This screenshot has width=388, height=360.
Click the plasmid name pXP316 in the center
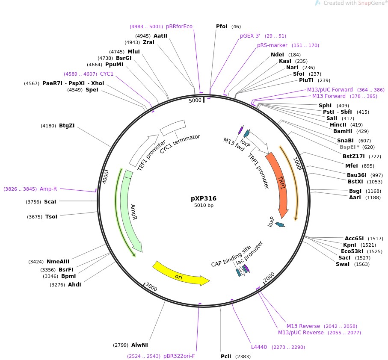(x=204, y=198)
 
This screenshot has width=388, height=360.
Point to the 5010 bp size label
(x=204, y=206)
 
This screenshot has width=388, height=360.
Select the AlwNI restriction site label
(x=139, y=345)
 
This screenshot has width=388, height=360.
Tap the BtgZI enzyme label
(x=67, y=126)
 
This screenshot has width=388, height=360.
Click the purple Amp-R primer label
(x=48, y=189)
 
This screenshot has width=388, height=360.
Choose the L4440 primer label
(x=258, y=347)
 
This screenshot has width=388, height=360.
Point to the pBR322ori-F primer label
(x=179, y=356)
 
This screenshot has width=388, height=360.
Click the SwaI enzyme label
(x=343, y=264)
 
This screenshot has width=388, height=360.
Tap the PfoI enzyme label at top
(x=222, y=27)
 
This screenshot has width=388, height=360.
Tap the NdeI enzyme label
(x=277, y=55)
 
